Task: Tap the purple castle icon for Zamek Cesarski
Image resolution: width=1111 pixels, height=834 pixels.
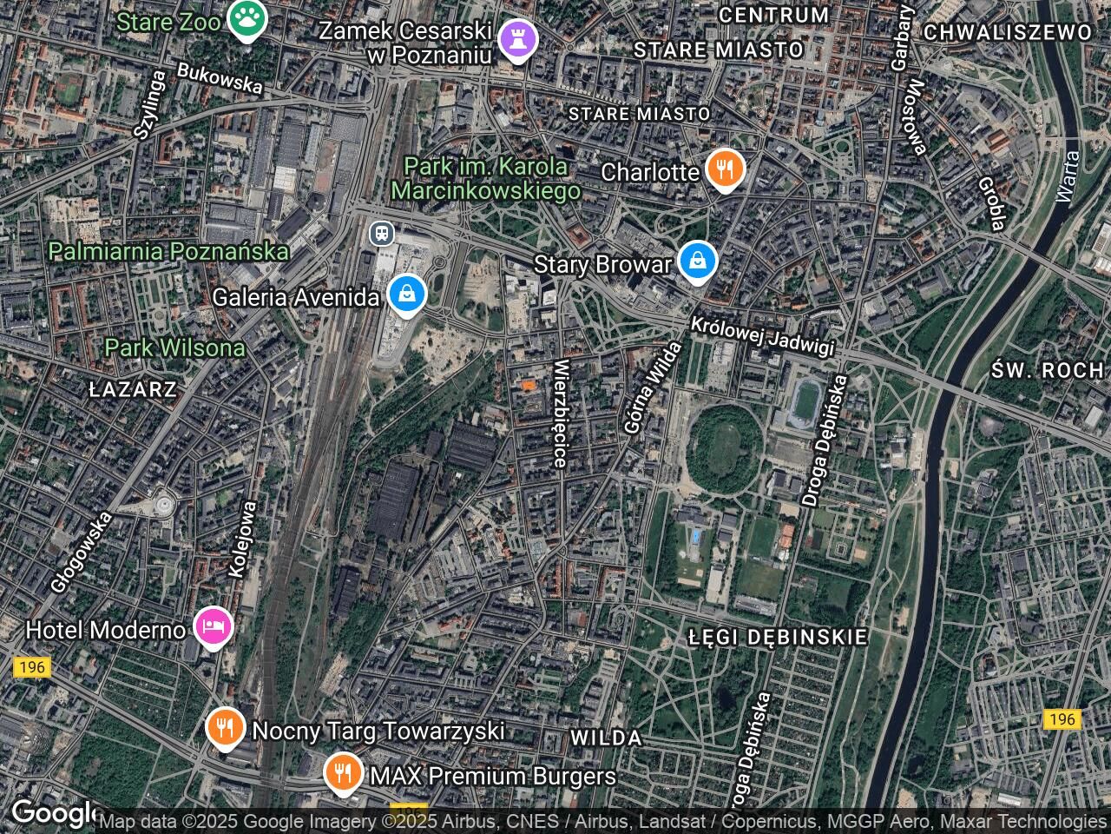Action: [x=518, y=40]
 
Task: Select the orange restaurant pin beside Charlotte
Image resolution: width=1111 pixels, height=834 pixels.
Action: [x=724, y=168]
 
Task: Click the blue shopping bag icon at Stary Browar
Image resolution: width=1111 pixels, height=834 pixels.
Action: [x=696, y=260]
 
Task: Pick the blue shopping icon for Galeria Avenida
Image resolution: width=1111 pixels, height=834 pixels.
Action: [x=405, y=294]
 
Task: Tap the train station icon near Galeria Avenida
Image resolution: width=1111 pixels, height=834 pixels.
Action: [x=380, y=233]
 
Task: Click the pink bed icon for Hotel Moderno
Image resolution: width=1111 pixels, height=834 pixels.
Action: [x=214, y=625]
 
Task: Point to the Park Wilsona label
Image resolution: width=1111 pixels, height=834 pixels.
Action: [x=174, y=348]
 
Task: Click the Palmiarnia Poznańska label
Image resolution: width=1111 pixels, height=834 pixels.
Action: [x=168, y=252]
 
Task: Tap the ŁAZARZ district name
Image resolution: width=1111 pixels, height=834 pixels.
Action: [x=133, y=389]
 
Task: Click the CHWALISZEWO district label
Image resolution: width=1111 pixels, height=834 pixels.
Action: [x=1007, y=33]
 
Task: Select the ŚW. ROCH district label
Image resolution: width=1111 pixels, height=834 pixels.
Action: [x=1048, y=370]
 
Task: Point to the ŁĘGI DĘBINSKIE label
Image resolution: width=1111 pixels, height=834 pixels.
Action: [x=778, y=637]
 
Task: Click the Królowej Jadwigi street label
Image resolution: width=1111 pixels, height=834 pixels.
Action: [x=763, y=335]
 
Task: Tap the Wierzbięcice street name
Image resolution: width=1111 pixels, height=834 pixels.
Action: [x=561, y=414]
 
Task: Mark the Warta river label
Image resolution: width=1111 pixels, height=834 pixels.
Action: [x=1068, y=177]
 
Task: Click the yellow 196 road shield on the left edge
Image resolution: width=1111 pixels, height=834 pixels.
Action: [x=32, y=667]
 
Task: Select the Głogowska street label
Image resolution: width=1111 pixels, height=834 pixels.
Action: [x=81, y=553]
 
